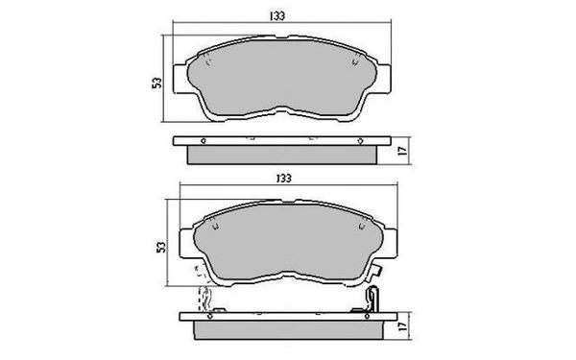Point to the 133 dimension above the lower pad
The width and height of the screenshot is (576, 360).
tap(281, 178)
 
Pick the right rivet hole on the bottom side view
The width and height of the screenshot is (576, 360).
tap(316, 314)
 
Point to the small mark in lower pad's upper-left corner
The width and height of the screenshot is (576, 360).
tap(213, 227)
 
